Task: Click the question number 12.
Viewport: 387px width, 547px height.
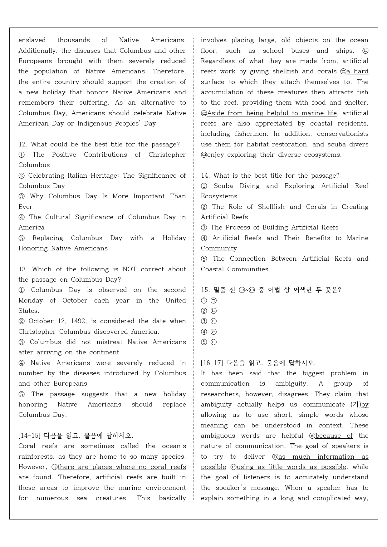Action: [x=23, y=144]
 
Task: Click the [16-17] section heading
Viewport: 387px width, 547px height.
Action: [x=212, y=363]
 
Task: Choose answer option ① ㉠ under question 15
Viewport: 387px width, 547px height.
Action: [x=209, y=300]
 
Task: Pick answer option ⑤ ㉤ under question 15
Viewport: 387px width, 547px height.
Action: [x=209, y=342]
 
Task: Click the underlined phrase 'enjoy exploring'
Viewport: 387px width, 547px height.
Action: [x=232, y=155]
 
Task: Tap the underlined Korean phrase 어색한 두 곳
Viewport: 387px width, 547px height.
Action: [x=312, y=290]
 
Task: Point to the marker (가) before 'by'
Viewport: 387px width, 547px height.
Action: [x=356, y=404]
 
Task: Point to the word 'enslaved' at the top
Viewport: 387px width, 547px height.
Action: [x=32, y=40]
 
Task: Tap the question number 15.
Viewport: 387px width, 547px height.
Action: [x=205, y=290]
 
